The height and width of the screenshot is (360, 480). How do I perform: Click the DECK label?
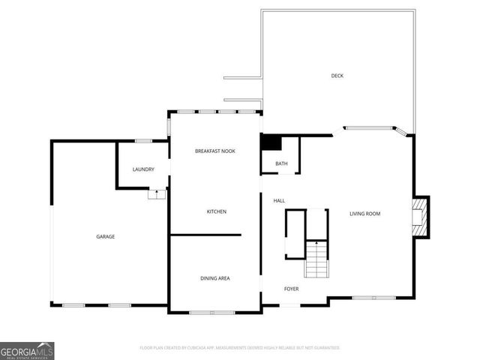coord(337,76)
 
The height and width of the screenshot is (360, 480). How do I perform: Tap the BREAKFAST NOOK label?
coord(215,151)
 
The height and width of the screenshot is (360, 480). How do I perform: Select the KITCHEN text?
coord(217,211)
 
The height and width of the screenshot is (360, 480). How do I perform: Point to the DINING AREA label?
coord(215,278)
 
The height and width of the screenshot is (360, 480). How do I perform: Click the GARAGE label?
coord(105,237)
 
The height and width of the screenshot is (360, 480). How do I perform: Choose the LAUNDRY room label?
coord(143,169)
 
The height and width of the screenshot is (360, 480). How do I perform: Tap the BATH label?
coord(281,163)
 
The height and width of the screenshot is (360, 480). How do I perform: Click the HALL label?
coord(279,201)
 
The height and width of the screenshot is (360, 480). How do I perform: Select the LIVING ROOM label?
coord(365,214)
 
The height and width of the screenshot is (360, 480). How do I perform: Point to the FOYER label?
coord(291,289)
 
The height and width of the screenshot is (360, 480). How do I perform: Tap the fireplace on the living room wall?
coord(421,217)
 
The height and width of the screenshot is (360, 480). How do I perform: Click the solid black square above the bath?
coord(270,142)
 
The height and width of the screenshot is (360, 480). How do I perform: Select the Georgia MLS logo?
coord(27,350)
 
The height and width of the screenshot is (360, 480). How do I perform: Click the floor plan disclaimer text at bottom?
coord(240,348)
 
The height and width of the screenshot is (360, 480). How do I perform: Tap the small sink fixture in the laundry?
coord(157,193)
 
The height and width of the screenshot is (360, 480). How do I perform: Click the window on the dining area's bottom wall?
coord(212,312)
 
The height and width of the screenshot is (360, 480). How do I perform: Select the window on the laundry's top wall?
coord(144,141)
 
